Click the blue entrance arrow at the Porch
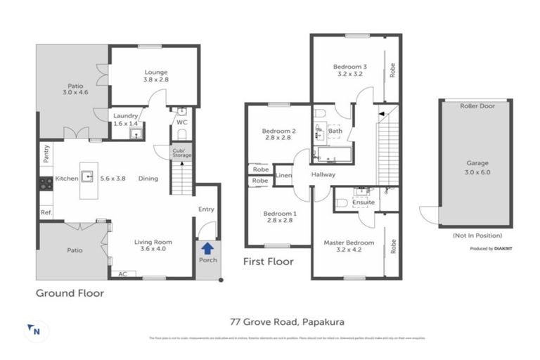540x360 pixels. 207,248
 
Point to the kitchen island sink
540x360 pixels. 89,176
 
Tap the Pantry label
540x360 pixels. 46,154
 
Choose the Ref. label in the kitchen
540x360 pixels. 46,212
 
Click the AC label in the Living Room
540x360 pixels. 124,274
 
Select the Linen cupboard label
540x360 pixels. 283,174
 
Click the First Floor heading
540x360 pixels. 268,262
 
